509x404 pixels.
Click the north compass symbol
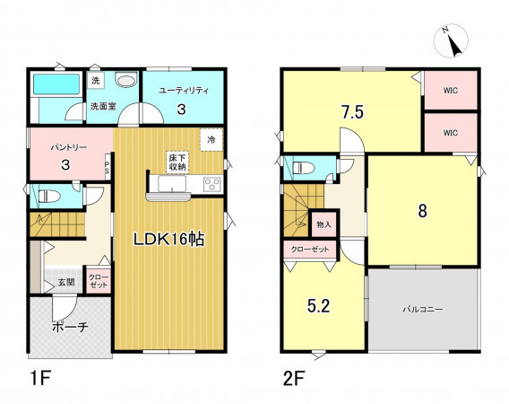451,41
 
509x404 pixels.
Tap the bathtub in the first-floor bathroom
56,84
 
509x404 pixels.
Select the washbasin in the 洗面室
126,80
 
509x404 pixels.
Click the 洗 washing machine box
96,80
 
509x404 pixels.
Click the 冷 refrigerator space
211,140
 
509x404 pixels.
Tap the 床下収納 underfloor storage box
177,162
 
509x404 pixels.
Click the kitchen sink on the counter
172,184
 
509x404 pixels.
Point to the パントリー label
68,147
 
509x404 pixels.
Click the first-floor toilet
48,197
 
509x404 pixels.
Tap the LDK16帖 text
168,240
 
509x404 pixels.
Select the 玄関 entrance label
66,282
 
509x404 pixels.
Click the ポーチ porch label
70,327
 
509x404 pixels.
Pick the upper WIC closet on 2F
451,91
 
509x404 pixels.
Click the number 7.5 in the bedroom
352,112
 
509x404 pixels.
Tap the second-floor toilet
303,169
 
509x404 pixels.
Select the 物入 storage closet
324,224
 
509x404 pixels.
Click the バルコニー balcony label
423,309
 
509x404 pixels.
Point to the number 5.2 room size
319,306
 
